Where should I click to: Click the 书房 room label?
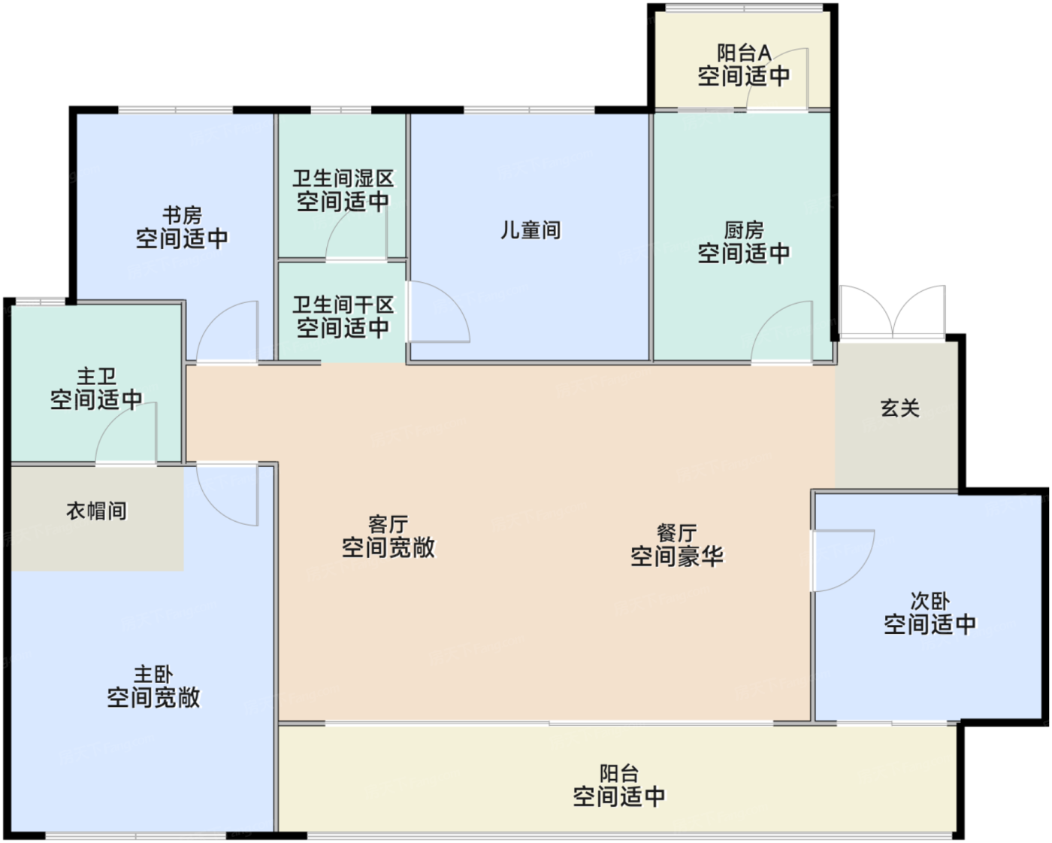[182, 216]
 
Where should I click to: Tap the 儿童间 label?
[531, 230]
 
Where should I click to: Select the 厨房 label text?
[743, 230]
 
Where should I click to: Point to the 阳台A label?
[743, 53]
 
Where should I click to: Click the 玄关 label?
[899, 408]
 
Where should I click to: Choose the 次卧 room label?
[930, 601]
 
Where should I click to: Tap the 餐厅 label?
[676, 533]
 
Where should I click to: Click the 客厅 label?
[388, 524]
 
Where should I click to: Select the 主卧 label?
[153, 675]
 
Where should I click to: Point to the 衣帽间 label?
[97, 511]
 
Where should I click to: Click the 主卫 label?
[97, 376]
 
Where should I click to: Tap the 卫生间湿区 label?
[343, 179]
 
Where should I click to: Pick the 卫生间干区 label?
[343, 305]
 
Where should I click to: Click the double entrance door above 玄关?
[892, 312]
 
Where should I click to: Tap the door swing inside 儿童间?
[437, 312]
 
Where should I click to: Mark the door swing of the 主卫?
[127, 434]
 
